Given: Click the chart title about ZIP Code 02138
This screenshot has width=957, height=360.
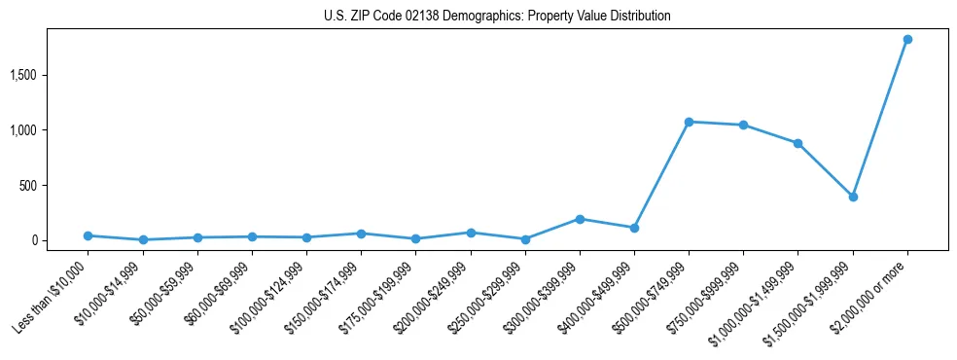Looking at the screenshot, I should (x=497, y=17).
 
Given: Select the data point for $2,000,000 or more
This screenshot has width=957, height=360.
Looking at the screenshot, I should (x=907, y=39).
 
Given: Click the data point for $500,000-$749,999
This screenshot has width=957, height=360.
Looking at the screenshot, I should (x=689, y=122).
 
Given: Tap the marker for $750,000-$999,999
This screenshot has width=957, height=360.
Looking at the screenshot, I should (x=743, y=125).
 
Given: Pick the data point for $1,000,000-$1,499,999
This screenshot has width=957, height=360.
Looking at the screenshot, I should (x=797, y=143).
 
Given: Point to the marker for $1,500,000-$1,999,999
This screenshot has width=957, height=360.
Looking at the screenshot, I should (x=853, y=197).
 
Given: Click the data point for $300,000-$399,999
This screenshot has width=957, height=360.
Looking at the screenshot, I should (x=580, y=219).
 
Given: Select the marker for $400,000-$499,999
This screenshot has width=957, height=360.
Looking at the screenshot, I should (x=634, y=228).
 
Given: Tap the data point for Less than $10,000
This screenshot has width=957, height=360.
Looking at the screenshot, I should (x=89, y=235).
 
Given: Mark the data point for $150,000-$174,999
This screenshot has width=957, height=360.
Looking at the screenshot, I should (x=361, y=234).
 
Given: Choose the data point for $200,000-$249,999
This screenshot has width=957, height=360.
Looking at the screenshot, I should (x=471, y=233).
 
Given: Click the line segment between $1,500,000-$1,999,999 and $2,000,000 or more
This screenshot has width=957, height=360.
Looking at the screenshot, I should (x=880, y=118).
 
